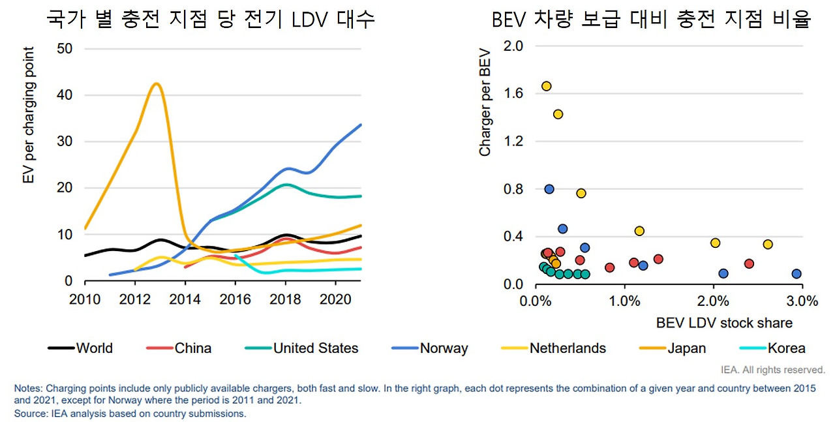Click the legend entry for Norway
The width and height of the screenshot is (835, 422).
point(444,348)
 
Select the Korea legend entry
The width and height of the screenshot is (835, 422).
point(786,348)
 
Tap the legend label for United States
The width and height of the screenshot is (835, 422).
point(316,348)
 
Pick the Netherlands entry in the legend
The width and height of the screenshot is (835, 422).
point(568,348)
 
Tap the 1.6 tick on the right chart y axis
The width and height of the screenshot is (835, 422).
point(514,93)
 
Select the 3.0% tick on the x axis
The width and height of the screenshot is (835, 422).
point(802,301)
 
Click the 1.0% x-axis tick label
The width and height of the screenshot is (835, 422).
point(624,301)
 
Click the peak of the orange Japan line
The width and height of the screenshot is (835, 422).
point(156,83)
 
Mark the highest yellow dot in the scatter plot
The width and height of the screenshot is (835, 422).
point(547,86)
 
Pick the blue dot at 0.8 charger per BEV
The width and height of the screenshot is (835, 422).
point(549,189)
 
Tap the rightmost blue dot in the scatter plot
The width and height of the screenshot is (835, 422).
point(797,274)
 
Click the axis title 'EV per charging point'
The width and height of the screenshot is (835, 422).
point(29,115)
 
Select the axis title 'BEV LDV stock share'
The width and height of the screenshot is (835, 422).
point(724,323)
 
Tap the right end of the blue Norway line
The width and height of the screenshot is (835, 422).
point(361,125)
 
